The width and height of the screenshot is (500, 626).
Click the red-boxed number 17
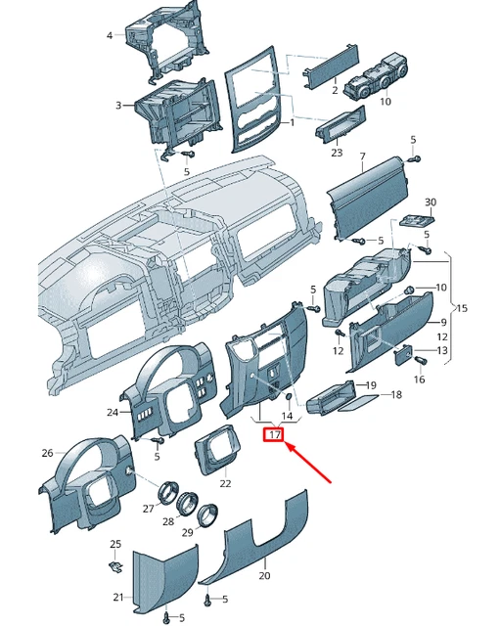(x=274, y=434)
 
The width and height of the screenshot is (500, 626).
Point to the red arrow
(x=308, y=463)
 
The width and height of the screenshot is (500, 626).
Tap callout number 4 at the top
(x=110, y=35)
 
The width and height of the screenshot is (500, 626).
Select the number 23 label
(x=337, y=153)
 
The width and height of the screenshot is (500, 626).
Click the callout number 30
(x=431, y=202)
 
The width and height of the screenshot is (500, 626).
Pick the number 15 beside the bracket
(x=462, y=308)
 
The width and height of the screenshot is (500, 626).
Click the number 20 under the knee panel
(x=264, y=575)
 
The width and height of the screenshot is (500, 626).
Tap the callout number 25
(x=115, y=544)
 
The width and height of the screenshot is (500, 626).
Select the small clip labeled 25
(x=115, y=566)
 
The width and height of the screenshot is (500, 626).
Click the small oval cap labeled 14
(x=288, y=397)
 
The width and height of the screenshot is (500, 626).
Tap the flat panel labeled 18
(x=358, y=403)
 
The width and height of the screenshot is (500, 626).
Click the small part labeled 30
(x=417, y=220)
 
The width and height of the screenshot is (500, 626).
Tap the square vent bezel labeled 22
(x=216, y=450)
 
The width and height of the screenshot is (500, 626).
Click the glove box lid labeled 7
(x=367, y=199)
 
